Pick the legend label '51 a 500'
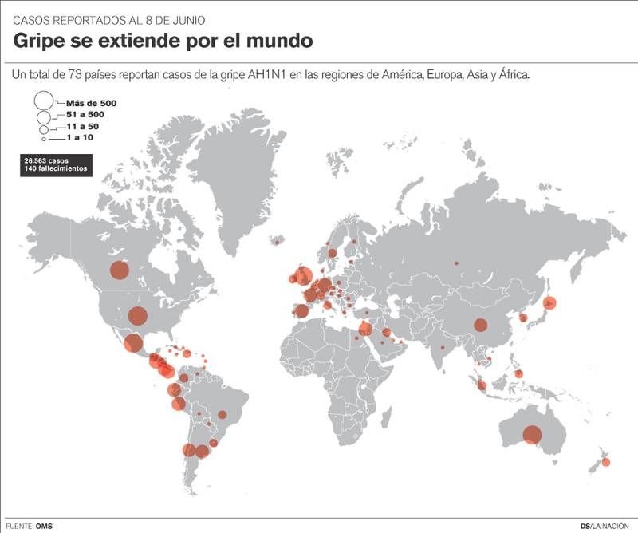(x=85, y=115)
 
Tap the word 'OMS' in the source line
(x=45, y=525)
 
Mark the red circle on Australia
(x=532, y=435)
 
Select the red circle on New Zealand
(x=605, y=462)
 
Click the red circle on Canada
(x=119, y=270)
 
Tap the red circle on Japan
(x=549, y=302)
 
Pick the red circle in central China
(x=480, y=325)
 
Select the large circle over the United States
(x=137, y=316)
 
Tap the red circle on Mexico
(x=133, y=343)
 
